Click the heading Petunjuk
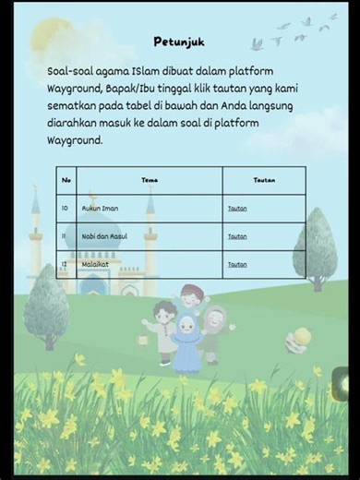tap(178, 42)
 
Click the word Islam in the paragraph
tap(145, 71)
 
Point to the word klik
tap(207, 89)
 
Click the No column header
tap(66, 180)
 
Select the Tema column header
tap(150, 180)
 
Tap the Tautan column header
tap(263, 180)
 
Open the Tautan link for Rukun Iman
tap(237, 209)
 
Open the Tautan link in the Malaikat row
tap(237, 264)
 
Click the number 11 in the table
tap(66, 236)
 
